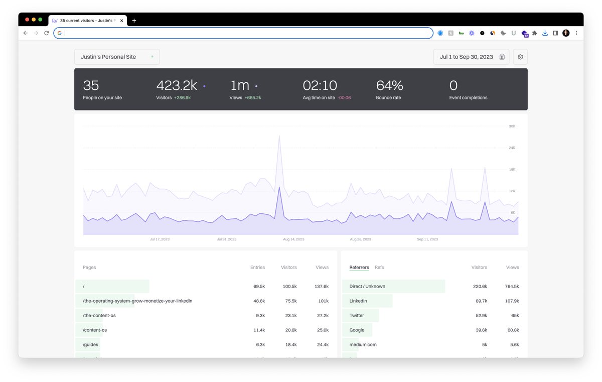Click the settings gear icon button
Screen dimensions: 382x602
[x=520, y=57]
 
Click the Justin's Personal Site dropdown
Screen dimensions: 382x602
[x=117, y=57]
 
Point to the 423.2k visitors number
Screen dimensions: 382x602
[x=177, y=85]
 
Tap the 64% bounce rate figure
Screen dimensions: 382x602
[x=389, y=85]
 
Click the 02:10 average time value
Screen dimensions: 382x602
[x=320, y=85]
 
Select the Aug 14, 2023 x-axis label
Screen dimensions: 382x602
[x=293, y=239]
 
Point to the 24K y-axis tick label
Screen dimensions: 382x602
[x=512, y=148]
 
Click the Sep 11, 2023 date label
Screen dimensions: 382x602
[x=427, y=239]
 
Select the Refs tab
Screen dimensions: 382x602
[x=379, y=268]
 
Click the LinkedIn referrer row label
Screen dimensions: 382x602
[x=358, y=301]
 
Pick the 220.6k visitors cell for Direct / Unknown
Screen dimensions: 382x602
[x=480, y=286]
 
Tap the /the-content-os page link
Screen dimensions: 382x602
[x=99, y=315]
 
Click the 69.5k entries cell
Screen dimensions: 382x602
[x=259, y=286]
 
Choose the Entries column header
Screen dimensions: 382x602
[x=257, y=268]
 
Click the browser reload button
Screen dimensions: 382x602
[x=47, y=33]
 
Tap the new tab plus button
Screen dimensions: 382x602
[x=134, y=21]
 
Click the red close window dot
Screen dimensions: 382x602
[x=27, y=20]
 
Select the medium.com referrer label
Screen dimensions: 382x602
[x=363, y=344]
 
